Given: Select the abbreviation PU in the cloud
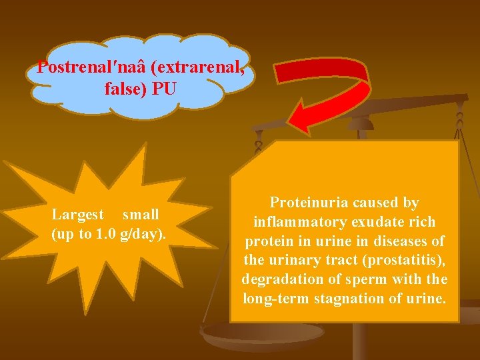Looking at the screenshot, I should [164, 87].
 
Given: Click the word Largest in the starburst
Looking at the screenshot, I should [78, 215].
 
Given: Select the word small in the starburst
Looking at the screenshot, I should [140, 215].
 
